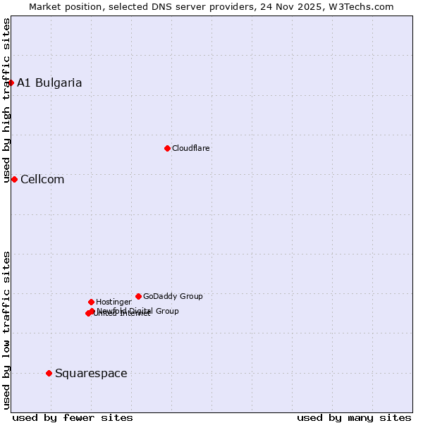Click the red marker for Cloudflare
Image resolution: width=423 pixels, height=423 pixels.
[167, 148]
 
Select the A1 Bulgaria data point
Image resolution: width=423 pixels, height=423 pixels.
[11, 82]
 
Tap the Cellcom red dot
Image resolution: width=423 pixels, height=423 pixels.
[14, 179]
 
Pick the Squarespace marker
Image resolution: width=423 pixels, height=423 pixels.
[49, 373]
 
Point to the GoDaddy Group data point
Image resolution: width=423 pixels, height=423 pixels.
[138, 296]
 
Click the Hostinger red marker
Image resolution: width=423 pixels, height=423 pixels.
[91, 302]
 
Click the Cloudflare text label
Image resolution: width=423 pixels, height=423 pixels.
[191, 148]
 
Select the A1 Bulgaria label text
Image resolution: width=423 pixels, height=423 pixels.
[49, 82]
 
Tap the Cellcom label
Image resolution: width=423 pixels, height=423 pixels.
[42, 179]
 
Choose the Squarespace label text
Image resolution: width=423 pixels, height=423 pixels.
[91, 373]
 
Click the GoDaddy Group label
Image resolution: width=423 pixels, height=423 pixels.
[173, 296]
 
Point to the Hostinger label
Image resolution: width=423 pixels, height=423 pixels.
[114, 302]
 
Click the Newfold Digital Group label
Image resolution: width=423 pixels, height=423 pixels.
[138, 310]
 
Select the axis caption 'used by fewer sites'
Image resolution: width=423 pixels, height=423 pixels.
[73, 417]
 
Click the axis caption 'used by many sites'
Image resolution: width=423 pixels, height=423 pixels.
[354, 417]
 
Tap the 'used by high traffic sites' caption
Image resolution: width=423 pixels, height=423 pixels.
[6, 101]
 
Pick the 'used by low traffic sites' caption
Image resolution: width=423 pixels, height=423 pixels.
[6, 330]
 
